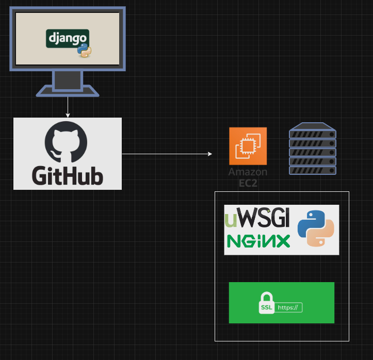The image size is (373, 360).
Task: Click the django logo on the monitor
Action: tap(67, 38)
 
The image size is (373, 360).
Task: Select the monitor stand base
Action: tap(68, 92)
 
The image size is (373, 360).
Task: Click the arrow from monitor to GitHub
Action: tap(68, 107)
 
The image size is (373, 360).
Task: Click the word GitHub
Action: tap(68, 175)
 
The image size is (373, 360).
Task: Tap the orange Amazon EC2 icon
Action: tap(248, 146)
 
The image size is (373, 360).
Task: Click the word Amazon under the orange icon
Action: tap(248, 172)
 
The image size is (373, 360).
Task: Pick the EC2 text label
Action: tap(248, 183)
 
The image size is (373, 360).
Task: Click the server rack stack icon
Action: tap(313, 149)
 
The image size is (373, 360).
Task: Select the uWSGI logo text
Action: tap(257, 218)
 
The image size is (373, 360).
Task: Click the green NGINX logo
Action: tap(258, 241)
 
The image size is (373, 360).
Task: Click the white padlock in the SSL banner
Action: tap(266, 304)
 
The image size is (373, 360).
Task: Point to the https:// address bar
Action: tap(288, 307)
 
